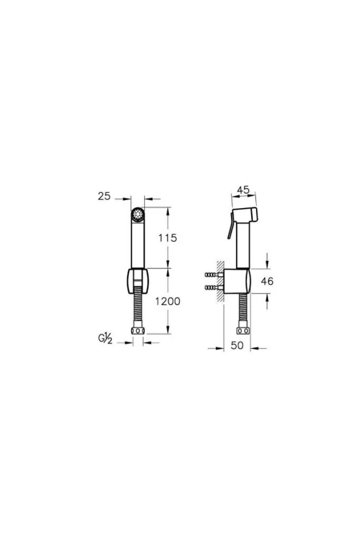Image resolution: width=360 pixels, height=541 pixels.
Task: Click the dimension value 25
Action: click(x=104, y=196)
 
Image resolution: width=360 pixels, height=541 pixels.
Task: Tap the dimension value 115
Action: click(x=168, y=238)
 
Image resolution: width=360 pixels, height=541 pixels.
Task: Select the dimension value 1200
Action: click(x=168, y=301)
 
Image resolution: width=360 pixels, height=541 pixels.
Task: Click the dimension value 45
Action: click(x=243, y=190)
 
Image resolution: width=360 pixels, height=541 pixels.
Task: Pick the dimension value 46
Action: click(x=267, y=281)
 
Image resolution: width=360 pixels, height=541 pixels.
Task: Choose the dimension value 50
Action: click(x=237, y=346)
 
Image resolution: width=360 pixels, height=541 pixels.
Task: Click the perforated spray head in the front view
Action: click(x=138, y=215)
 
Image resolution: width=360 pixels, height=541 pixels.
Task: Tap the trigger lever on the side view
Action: click(x=230, y=226)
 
